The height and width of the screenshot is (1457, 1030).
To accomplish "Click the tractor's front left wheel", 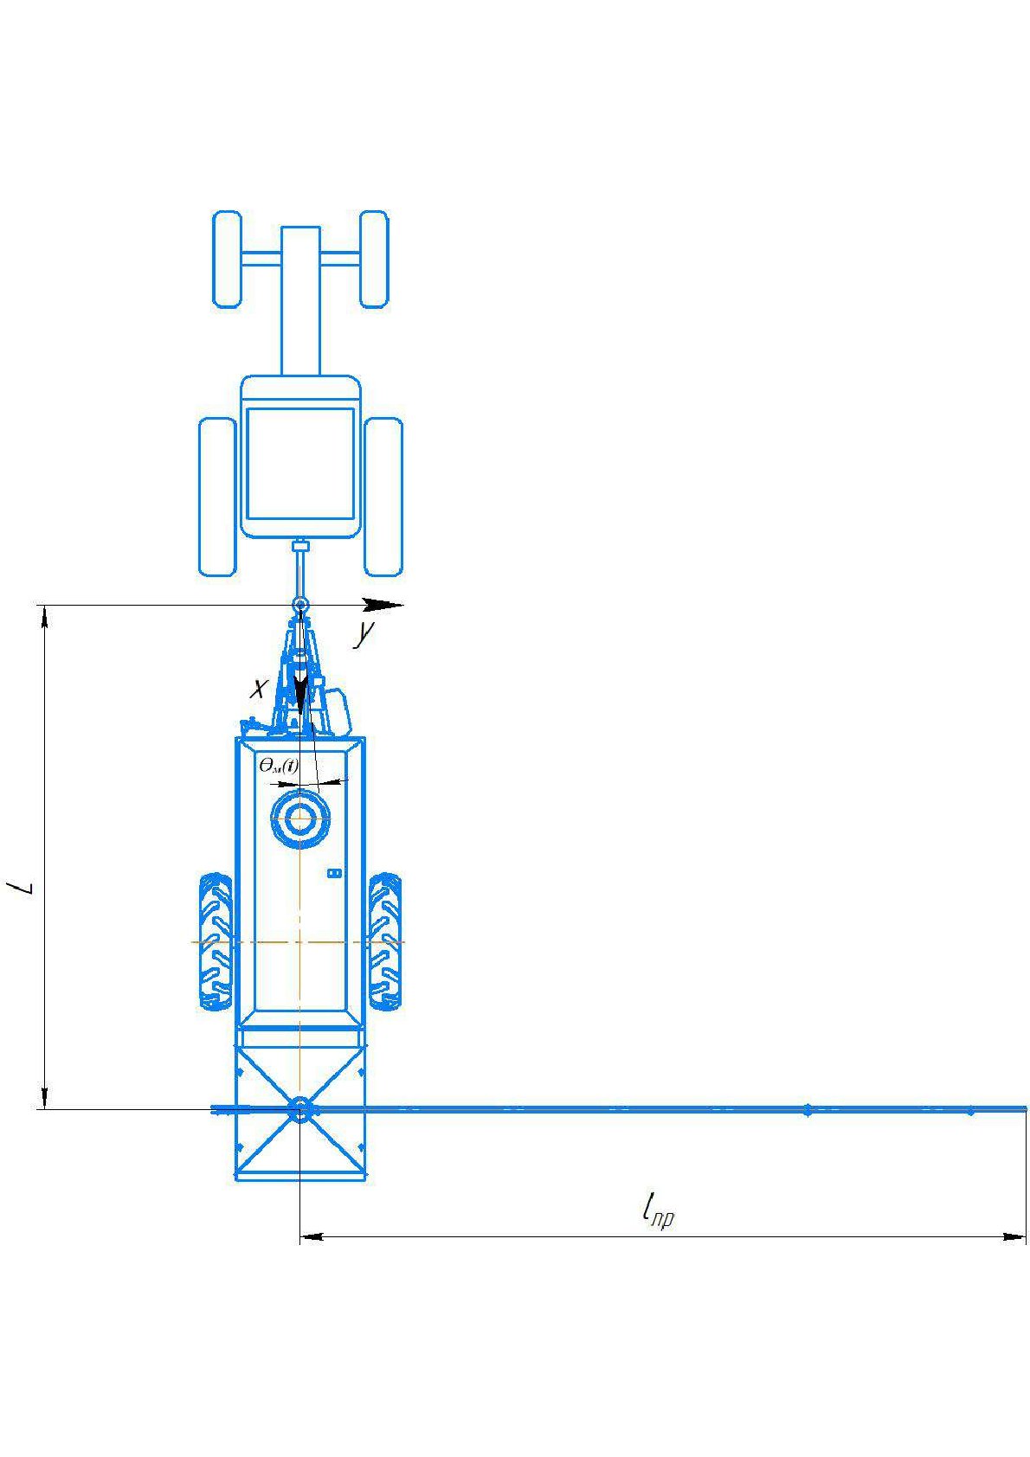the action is [227, 259].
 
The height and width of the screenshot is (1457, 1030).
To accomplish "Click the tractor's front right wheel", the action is [374, 259].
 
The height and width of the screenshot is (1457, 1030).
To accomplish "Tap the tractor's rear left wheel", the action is [216, 497].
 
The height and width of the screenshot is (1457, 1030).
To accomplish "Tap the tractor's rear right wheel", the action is [383, 497].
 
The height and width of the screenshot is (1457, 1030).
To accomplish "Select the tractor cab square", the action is [300, 463].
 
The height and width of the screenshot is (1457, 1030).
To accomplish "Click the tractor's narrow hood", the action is [300, 300].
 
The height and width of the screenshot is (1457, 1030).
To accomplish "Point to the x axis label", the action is [259, 688].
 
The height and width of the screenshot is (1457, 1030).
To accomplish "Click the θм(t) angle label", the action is [279, 766].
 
